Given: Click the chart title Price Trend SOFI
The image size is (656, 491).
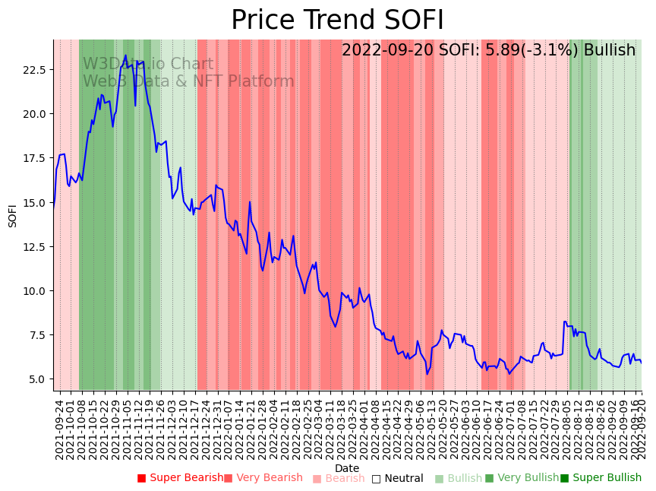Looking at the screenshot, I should coord(337,21).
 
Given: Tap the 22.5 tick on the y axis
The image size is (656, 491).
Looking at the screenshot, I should coord(33,70).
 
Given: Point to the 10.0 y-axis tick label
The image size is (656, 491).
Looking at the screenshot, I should coord(33,291).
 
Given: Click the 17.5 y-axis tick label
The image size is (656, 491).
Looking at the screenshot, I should coord(33,158).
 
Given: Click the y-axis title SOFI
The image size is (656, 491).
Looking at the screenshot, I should coord(12,215).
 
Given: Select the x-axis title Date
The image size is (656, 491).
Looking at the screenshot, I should coord(347,468).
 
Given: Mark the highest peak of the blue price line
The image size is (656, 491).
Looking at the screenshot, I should coord(126,55).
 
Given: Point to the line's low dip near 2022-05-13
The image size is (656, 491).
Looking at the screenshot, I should coord(427,373).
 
